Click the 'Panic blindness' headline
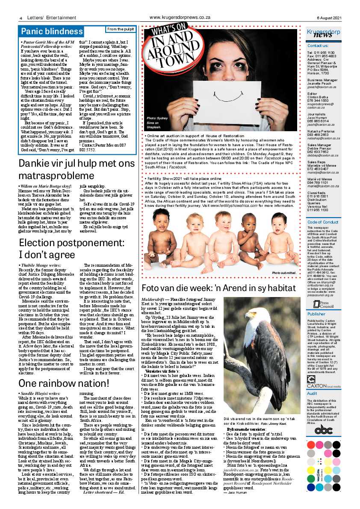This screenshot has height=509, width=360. [52, 31]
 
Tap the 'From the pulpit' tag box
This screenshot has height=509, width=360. [121, 29]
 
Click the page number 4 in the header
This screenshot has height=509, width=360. [21, 18]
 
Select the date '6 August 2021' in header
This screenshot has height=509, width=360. [329, 18]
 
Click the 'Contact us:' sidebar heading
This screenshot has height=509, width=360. [319, 45]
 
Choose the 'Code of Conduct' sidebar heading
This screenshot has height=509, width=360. [323, 222]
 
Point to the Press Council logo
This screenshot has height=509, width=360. [323, 304]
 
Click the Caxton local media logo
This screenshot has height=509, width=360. [324, 386]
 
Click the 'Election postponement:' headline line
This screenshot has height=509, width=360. [71, 243]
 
